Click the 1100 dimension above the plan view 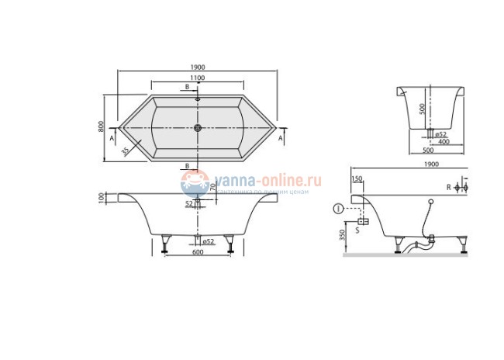click(x=197, y=78)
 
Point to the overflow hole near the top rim click(x=198, y=99)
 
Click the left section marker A click(x=113, y=137)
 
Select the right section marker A click(x=280, y=137)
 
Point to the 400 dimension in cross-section click(x=443, y=141)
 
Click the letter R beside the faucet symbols click(x=447, y=188)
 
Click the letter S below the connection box click(x=357, y=230)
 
